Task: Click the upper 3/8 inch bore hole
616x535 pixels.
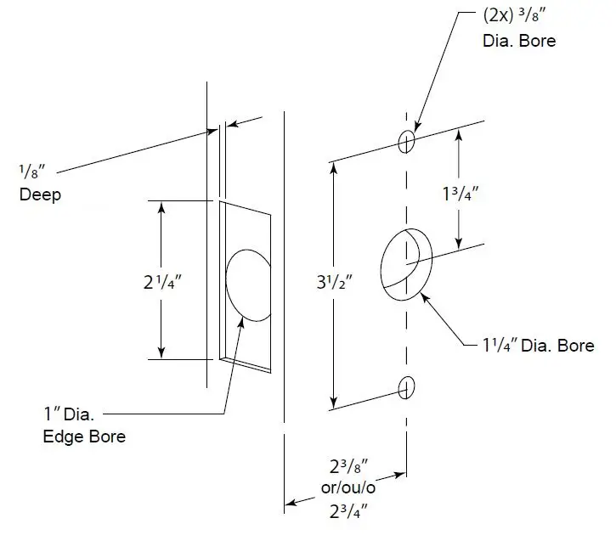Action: (408, 141)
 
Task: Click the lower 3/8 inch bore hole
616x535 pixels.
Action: (408, 386)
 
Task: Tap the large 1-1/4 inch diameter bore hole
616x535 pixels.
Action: (403, 263)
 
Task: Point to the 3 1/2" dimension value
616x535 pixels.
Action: (335, 279)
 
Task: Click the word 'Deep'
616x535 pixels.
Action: (40, 194)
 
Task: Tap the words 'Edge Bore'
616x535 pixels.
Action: (84, 436)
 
